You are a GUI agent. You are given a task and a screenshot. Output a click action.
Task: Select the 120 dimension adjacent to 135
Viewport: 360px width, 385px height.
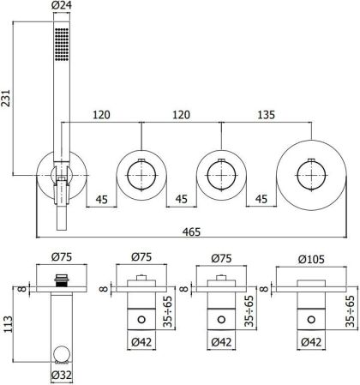tap(182, 111)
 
